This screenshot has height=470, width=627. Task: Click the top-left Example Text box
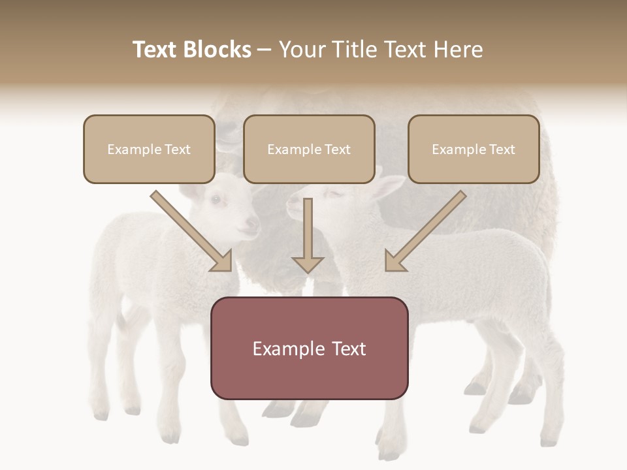pyautogui.click(x=149, y=149)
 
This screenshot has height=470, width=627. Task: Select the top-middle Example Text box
pyautogui.click(x=309, y=149)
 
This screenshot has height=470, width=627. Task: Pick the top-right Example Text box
pyautogui.click(x=474, y=149)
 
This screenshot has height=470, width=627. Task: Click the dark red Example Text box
pyautogui.click(x=309, y=349)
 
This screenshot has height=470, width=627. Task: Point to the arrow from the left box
pyautogui.click(x=193, y=232)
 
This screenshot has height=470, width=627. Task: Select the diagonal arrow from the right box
pyautogui.click(x=425, y=232)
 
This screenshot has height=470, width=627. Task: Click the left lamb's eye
pyautogui.click(x=215, y=198)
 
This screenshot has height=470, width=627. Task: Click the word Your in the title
pyautogui.click(x=301, y=50)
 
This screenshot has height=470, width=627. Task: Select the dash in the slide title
pyautogui.click(x=265, y=50)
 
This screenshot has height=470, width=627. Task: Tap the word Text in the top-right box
pyautogui.click(x=502, y=149)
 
